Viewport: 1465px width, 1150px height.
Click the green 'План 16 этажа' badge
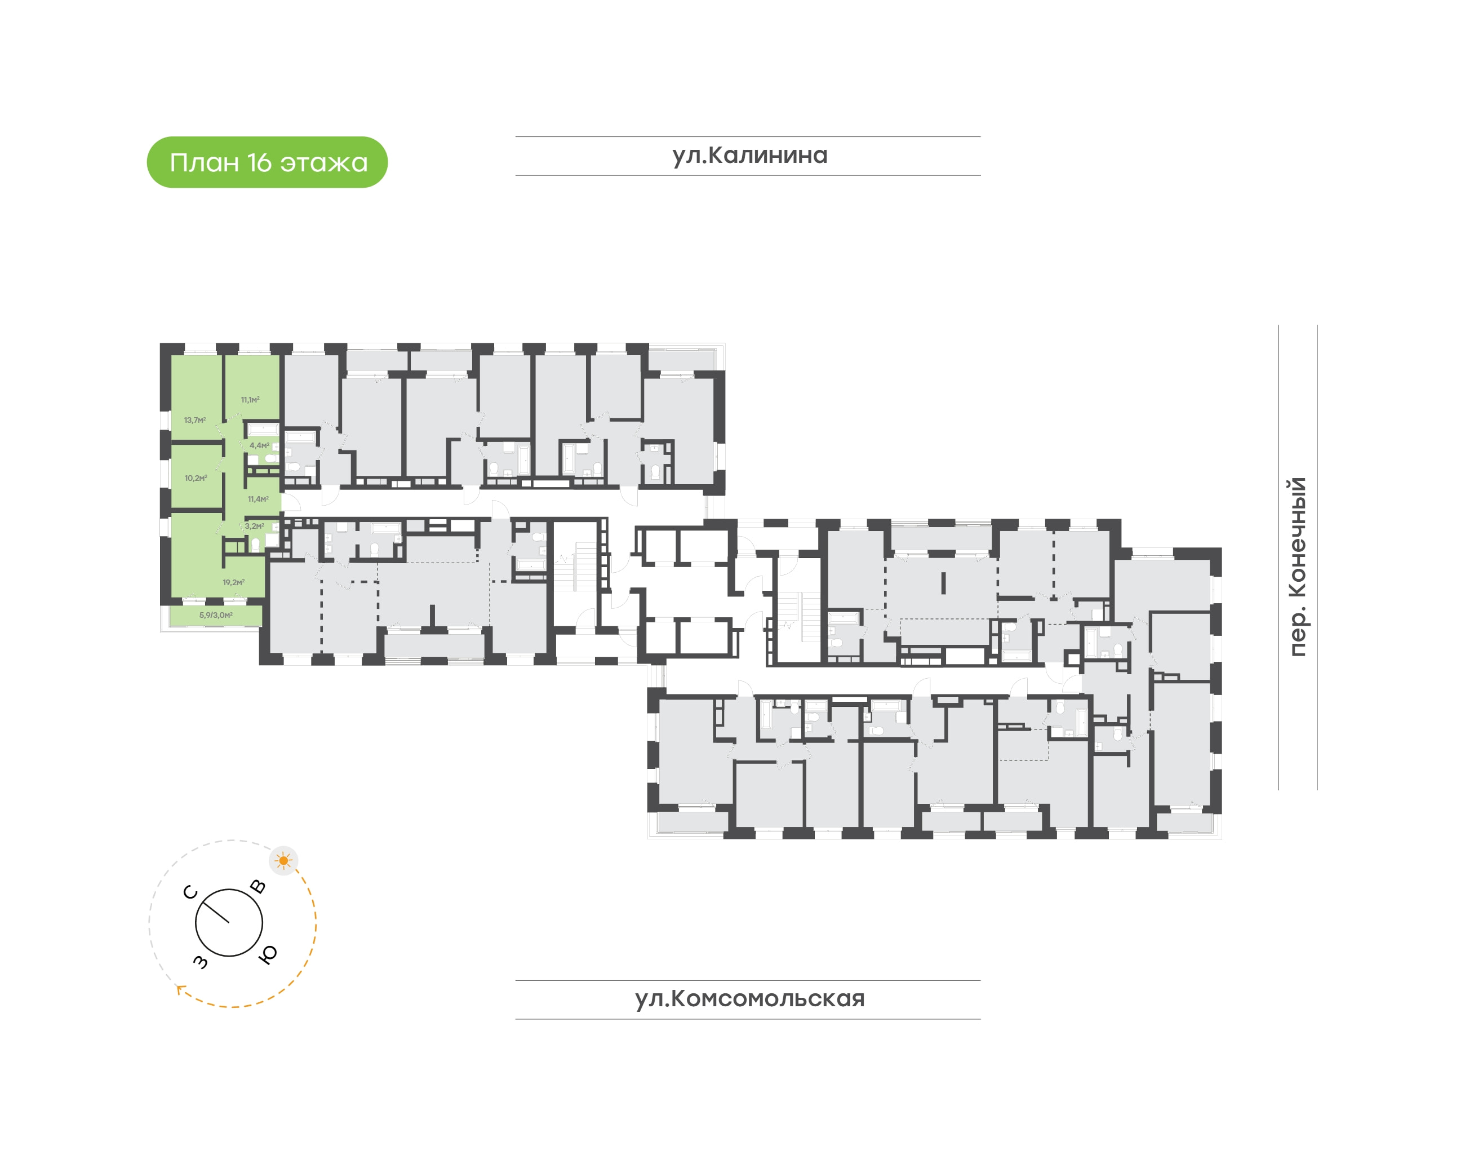click(x=267, y=162)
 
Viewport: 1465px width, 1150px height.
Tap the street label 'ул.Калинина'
click(x=749, y=156)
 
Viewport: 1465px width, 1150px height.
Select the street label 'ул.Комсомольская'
click(x=749, y=998)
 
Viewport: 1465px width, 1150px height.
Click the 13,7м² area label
click(x=194, y=420)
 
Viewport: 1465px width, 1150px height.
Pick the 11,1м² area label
click(x=250, y=400)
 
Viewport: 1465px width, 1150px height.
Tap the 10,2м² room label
click(x=196, y=478)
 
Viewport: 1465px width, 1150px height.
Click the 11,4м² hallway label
click(x=258, y=499)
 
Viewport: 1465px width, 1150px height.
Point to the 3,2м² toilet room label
click(x=254, y=527)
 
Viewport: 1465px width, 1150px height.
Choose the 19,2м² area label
click(x=233, y=582)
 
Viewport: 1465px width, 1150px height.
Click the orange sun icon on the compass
click(x=283, y=860)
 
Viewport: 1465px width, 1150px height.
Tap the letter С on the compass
click(x=190, y=892)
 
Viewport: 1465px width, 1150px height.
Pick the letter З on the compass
click(x=201, y=962)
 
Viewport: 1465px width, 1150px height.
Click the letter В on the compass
click(x=258, y=886)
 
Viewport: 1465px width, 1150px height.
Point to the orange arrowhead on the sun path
click(x=180, y=989)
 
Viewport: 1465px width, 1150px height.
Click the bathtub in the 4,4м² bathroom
click(x=263, y=429)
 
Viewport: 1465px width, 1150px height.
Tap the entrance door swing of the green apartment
click(x=291, y=502)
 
